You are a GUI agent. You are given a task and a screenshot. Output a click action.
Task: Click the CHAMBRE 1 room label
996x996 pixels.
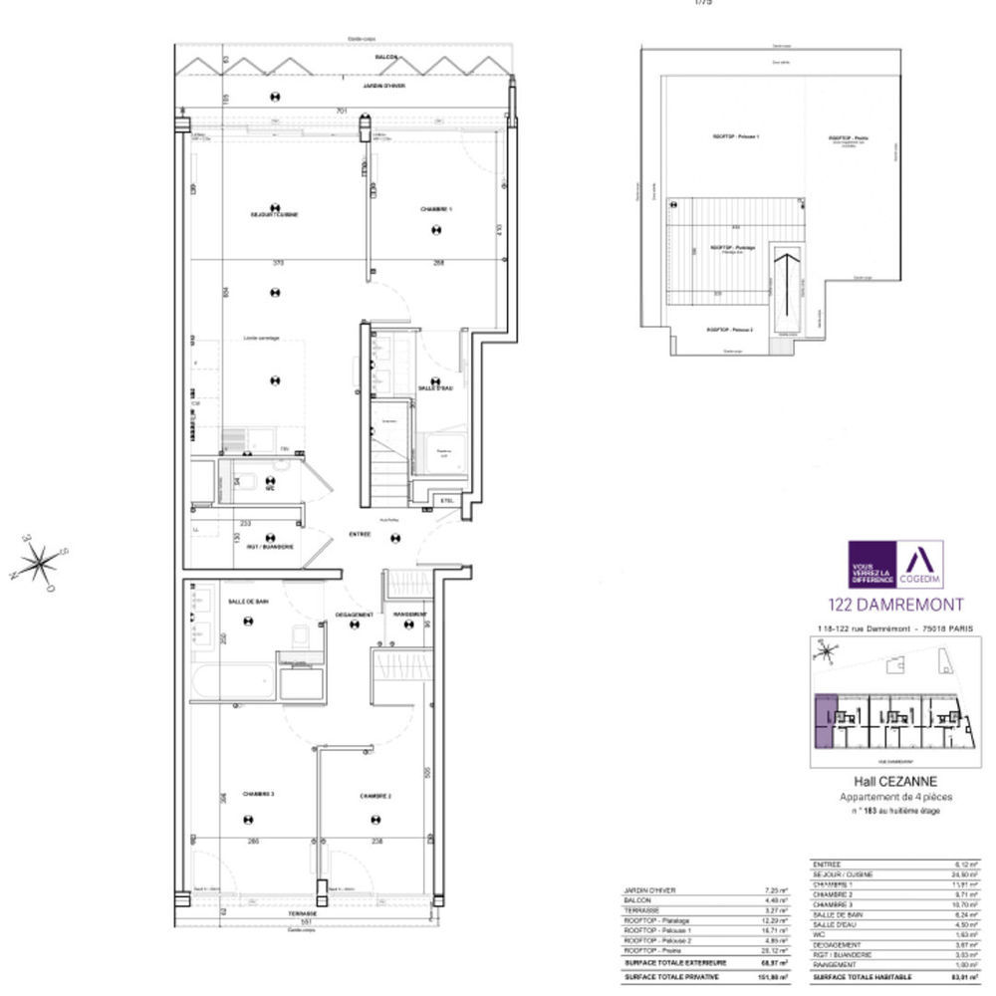(435, 209)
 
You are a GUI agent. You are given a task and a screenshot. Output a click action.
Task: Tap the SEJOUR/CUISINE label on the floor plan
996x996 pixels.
(275, 214)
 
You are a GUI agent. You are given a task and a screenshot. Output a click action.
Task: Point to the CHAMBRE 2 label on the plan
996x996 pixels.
(375, 796)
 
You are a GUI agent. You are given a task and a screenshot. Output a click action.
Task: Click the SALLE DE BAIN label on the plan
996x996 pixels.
(247, 602)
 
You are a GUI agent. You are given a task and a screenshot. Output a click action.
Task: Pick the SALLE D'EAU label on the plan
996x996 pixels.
(436, 387)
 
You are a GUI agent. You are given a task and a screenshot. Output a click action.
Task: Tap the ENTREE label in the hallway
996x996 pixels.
(360, 535)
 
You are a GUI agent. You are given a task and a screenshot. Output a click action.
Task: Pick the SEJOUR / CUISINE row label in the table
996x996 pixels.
(843, 874)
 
